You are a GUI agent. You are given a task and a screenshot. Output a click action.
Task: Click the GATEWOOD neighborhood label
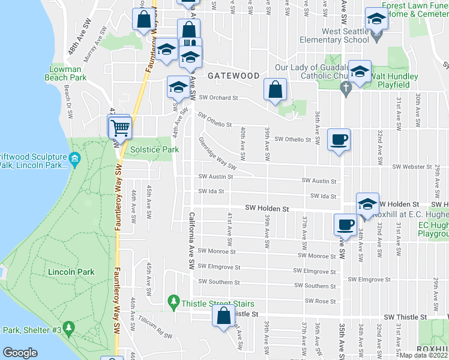[234, 76]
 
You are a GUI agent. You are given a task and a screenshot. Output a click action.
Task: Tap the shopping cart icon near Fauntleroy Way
[119, 127]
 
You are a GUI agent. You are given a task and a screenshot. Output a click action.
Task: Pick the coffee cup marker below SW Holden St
[345, 225]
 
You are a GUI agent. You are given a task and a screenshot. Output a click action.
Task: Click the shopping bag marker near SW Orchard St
[275, 90]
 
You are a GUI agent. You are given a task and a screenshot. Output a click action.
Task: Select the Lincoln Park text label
[71, 272]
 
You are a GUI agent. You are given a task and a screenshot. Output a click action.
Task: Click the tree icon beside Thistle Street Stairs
[173, 299]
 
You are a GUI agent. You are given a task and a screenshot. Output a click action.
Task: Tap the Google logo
[20, 353]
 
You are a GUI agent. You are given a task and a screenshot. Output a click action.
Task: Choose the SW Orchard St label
[218, 98]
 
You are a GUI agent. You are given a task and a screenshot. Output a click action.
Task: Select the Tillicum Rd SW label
[155, 328]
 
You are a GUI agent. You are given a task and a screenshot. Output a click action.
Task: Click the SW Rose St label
[321, 301]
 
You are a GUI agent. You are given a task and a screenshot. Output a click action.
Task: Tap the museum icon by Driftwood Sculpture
[74, 159]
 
